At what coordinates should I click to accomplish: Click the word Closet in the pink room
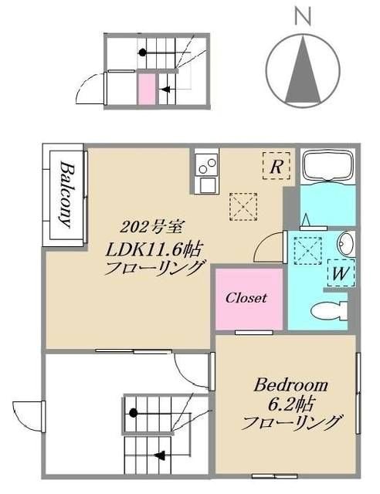click(x=246, y=298)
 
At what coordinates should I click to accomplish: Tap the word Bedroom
click(x=291, y=385)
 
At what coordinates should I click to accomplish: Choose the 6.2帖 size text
click(x=291, y=404)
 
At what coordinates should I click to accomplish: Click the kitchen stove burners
click(x=206, y=164)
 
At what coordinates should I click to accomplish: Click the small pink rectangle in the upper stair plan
click(x=145, y=88)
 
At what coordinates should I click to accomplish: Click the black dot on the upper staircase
click(x=143, y=52)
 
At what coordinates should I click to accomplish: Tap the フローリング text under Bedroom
click(x=292, y=423)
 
